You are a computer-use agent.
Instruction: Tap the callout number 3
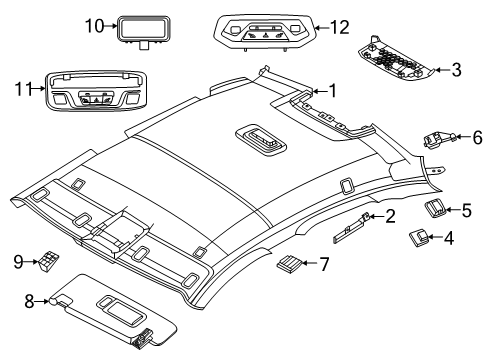(x=457, y=69)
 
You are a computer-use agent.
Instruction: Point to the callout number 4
(x=447, y=266)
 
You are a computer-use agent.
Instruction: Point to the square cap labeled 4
(x=419, y=266)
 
